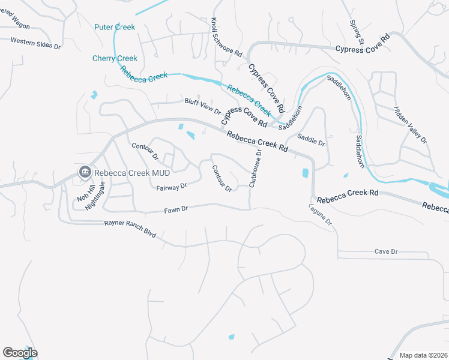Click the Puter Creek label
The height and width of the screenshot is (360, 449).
click(115, 27)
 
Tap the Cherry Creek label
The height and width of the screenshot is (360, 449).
click(115, 58)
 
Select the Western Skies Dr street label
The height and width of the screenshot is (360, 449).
click(35, 43)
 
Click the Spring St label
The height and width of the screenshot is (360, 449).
click(357, 32)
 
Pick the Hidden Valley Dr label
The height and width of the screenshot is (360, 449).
click(411, 125)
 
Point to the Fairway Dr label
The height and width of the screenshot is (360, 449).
click(172, 187)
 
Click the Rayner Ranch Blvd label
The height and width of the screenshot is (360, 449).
click(130, 229)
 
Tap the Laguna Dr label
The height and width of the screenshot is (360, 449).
click(321, 215)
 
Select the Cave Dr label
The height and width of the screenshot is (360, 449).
click(386, 252)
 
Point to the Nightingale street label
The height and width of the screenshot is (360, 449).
click(91, 196)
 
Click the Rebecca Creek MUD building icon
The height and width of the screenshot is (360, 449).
click(85, 173)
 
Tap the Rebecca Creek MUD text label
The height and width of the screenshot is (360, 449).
click(133, 173)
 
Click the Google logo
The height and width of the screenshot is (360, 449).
click(20, 353)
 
